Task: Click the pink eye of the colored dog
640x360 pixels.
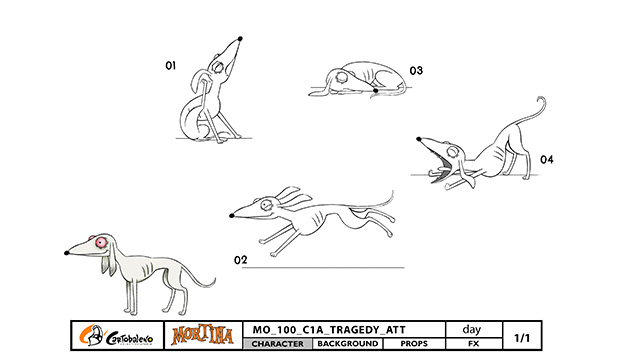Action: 100,243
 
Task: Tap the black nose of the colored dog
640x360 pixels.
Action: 67,253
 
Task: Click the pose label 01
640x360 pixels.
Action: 171,65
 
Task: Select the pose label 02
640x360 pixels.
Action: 240,260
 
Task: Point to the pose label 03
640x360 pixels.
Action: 416,71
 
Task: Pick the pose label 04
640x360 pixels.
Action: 547,159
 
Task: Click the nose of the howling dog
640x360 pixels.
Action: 240,39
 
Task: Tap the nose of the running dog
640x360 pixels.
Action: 232,216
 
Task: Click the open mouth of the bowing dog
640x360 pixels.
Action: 441,168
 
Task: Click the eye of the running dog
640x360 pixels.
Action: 267,205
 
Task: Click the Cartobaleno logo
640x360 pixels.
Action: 117,336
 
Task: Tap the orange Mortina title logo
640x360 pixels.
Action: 203,336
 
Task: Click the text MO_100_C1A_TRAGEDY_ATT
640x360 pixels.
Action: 329,330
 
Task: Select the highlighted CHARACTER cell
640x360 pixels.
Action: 278,344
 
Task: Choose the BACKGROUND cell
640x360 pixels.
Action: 348,344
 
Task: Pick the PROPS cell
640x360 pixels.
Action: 414,344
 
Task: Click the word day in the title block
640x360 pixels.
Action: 472,329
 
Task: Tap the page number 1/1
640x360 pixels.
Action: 522,338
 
